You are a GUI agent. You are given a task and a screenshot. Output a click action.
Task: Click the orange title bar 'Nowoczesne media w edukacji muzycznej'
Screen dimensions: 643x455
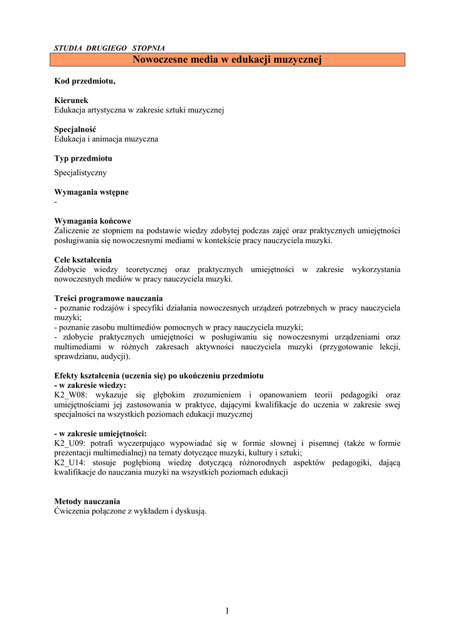(227, 60)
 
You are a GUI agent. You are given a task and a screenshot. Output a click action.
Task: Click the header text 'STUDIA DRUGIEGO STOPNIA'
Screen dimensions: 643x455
(110, 48)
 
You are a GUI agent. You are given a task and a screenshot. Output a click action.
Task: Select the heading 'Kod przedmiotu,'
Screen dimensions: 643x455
(85, 82)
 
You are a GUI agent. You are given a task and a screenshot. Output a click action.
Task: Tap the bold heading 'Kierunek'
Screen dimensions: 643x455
(72, 100)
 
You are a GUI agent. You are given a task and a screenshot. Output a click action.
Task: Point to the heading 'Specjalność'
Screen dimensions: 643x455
(75, 129)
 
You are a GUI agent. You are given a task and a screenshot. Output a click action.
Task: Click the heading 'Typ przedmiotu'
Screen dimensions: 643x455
(83, 158)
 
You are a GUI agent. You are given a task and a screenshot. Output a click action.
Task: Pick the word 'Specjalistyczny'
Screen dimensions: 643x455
(80, 173)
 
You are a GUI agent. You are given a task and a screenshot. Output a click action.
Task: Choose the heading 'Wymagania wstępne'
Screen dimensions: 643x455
(92, 192)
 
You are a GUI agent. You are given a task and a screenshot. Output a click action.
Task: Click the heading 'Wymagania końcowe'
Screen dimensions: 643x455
(93, 221)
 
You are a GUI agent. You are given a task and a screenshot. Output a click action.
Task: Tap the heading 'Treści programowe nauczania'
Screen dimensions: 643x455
(109, 298)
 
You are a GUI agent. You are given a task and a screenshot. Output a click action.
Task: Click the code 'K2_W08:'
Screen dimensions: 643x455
(72, 395)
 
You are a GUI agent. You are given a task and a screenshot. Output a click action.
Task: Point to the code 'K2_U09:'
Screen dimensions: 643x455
(70, 443)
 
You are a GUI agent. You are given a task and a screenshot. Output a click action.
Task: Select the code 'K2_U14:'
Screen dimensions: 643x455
(70, 462)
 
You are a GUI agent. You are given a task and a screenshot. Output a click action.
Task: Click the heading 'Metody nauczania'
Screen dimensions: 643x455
(87, 501)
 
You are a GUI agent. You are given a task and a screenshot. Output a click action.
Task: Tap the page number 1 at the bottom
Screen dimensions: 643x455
(227, 611)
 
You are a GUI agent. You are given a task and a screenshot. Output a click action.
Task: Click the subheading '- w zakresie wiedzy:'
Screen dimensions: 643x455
(90, 385)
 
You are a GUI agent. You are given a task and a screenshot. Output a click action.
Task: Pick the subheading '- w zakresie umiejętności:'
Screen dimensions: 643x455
(101, 433)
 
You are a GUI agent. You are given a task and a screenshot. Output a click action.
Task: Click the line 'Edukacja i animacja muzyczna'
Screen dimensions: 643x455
(107, 139)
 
